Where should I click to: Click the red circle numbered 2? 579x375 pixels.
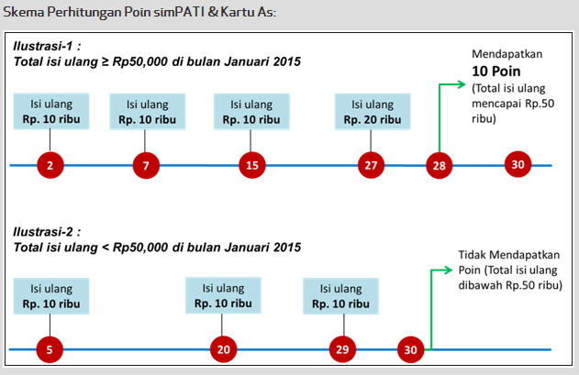[50, 166]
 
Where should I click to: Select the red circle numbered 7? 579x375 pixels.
[146, 166]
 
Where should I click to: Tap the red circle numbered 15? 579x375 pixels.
[251, 166]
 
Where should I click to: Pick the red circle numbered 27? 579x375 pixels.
[371, 166]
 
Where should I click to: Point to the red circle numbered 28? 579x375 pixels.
[440, 166]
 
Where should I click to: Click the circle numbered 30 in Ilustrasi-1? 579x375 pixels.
[518, 165]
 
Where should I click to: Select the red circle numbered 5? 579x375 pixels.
[50, 349]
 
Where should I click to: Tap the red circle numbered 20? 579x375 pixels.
[223, 349]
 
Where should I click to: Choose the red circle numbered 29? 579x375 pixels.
[341, 349]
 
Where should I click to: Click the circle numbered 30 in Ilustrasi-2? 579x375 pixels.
[410, 349]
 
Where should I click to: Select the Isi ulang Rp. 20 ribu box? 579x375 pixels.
[372, 111]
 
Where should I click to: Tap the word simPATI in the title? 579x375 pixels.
[184, 12]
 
